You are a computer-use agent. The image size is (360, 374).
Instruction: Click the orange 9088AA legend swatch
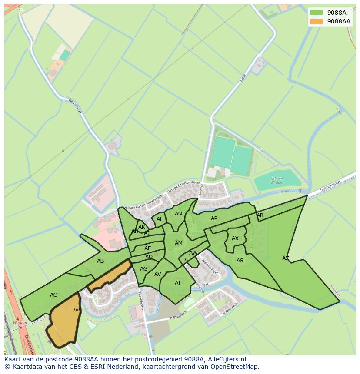coord(316,21)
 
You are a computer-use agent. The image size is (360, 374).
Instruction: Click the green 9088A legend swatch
coord(316,13)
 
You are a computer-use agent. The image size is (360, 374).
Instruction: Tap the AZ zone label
coord(285,258)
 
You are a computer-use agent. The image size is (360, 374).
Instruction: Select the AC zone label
coord(53,295)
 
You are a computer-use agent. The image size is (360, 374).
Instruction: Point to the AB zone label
coord(100,261)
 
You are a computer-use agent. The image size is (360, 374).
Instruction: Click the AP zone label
coord(214,218)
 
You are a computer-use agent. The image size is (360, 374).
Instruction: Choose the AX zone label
coord(235,238)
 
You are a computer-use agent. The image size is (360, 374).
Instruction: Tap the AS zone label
coord(240,261)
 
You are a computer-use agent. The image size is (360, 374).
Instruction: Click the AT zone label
coord(178,283)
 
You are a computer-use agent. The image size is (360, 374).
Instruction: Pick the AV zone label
coord(158,274)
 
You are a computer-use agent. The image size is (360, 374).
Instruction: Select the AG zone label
coord(144,269)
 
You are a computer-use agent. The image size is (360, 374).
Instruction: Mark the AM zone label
coord(179,243)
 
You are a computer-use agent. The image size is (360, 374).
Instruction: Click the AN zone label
coord(178,214)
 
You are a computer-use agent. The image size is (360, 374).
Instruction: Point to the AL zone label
coord(160,219)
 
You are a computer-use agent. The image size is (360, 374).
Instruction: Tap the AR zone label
coord(260,215)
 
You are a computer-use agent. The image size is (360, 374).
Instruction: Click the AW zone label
coord(193,253)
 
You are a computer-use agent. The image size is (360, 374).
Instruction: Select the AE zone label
coord(148,248)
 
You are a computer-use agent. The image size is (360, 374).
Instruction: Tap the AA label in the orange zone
coord(77,310)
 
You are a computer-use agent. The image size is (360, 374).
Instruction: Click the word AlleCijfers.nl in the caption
coord(227,359)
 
